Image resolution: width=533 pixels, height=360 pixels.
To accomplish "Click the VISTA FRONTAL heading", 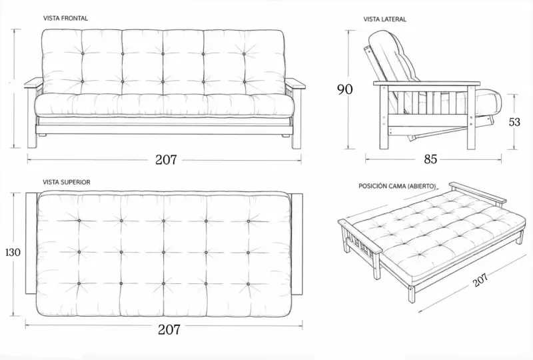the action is coord(65,19).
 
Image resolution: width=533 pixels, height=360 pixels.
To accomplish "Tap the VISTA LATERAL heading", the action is coord(385,19).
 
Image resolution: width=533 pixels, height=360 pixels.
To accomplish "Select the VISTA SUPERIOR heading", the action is coord(67,182).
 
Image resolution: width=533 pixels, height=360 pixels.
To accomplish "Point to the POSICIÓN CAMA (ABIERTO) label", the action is coord(397,186).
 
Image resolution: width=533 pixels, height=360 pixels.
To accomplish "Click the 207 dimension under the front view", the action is coord(166,159).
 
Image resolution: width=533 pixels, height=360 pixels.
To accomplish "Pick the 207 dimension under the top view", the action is coord(169,329).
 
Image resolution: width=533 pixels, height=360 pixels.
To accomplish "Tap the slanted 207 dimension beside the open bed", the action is coord(480,280).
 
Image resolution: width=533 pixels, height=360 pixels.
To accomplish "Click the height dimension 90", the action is coord(345,89).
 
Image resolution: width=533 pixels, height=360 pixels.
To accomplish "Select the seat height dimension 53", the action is coord(514,122).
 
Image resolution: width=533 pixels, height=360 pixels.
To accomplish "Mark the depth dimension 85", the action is coord(430,159).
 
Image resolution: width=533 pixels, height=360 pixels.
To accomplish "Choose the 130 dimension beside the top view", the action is coord(13,252).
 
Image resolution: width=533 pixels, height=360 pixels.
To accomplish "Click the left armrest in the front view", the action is coord(34,83).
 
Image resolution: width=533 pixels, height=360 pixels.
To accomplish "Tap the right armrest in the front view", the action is coord(295,83).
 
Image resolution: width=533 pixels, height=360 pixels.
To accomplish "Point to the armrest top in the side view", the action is coord(427,83).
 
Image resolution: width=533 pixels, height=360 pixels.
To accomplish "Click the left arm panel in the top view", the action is coord(31,243).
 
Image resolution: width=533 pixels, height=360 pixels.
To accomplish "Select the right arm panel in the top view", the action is coord(297,244).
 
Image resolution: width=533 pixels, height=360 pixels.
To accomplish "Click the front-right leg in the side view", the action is coord(471,118).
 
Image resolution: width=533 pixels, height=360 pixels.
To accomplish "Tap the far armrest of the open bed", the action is coord(477,193).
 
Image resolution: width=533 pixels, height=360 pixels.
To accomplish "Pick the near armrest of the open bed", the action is coord(360,237).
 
